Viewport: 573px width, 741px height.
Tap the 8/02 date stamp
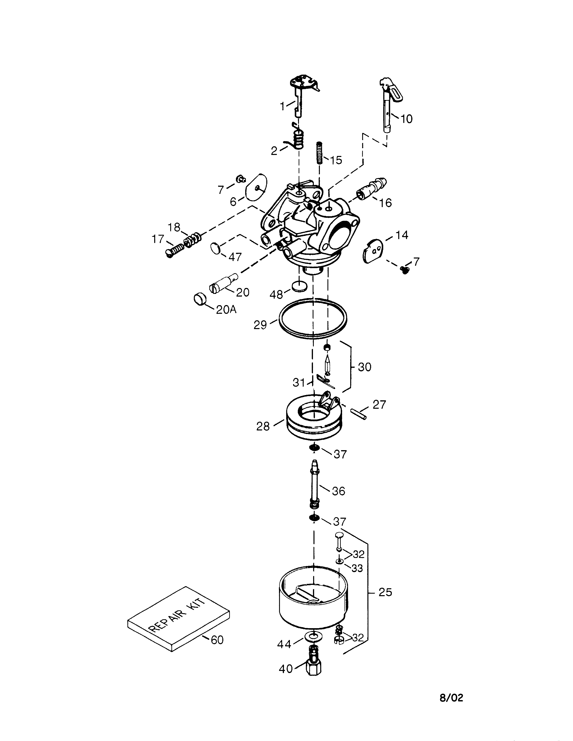[x=451, y=698]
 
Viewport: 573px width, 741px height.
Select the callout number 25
[x=385, y=592]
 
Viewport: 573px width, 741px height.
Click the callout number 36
[x=338, y=491]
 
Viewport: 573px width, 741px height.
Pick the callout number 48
[x=276, y=295]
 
